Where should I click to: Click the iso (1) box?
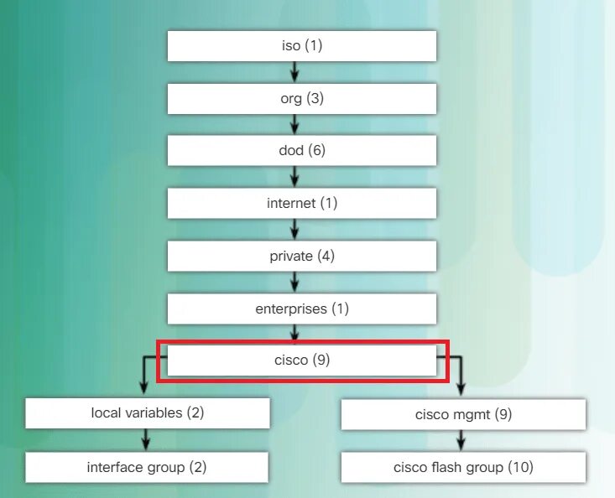[x=302, y=46]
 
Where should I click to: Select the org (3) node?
[x=302, y=99]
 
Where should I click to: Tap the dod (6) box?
[x=302, y=151]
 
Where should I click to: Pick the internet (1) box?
[x=302, y=204]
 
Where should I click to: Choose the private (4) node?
[x=302, y=257]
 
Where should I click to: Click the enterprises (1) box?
[x=302, y=309]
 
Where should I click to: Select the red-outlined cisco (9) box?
[x=302, y=361]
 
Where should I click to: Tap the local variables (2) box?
[x=148, y=413]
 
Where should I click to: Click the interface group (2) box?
[x=148, y=467]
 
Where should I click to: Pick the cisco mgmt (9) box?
[x=463, y=414]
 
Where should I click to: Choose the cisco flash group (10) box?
[x=463, y=467]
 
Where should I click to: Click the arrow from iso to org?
[x=294, y=72]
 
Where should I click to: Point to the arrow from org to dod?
[x=294, y=125]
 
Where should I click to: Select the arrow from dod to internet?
[x=294, y=178]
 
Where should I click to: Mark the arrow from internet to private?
[x=294, y=230]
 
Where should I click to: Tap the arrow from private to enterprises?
[x=294, y=283]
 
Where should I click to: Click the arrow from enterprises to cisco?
[x=294, y=335]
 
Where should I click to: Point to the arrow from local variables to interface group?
[x=147, y=440]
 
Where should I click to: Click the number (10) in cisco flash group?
[x=520, y=467]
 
